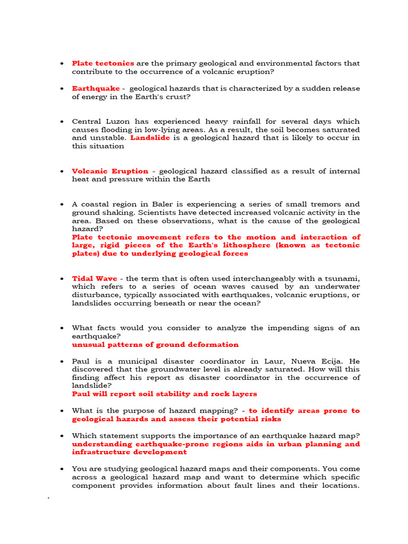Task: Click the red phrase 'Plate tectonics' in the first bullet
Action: tap(103, 63)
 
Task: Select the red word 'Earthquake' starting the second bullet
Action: tap(96, 88)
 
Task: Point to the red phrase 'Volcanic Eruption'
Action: tap(110, 171)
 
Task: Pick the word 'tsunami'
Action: tap(342, 278)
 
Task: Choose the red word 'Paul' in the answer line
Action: tap(81, 394)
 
